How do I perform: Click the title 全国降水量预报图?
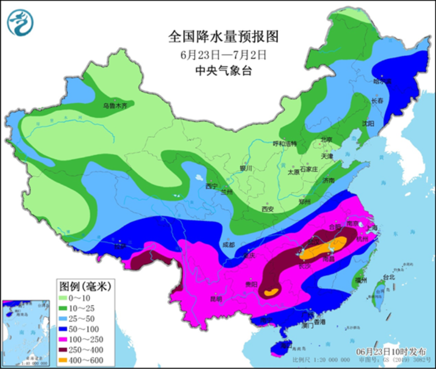(x=222, y=37)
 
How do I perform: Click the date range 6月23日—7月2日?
(x=223, y=54)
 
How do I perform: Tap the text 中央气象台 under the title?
(x=223, y=71)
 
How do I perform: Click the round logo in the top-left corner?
(x=20, y=23)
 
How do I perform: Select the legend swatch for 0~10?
(x=66, y=298)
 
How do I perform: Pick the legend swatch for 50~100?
(x=66, y=329)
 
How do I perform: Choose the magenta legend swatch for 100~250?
(x=66, y=339)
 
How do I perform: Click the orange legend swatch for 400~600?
(x=66, y=360)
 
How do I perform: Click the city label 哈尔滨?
(x=382, y=81)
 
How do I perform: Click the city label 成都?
(x=228, y=244)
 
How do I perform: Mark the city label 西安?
(x=268, y=209)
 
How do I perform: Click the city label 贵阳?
(x=251, y=284)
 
